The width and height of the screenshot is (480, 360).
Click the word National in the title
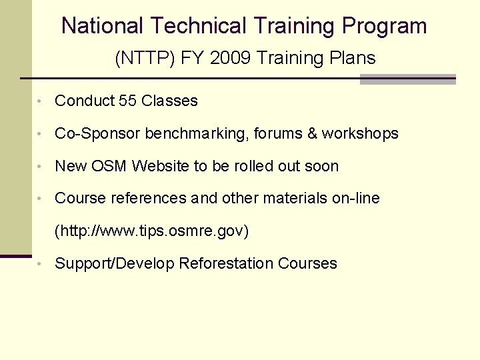(102, 26)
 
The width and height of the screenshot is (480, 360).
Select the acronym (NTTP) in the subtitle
(143, 59)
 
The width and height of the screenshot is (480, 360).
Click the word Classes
(169, 101)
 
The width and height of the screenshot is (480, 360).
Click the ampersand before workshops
(312, 134)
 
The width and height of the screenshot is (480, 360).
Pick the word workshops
(360, 134)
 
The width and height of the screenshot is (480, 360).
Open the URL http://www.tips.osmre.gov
(151, 231)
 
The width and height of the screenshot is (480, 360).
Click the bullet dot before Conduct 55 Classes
(41, 102)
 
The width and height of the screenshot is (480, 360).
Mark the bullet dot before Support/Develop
(41, 265)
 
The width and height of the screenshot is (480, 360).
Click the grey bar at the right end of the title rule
(407, 79)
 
